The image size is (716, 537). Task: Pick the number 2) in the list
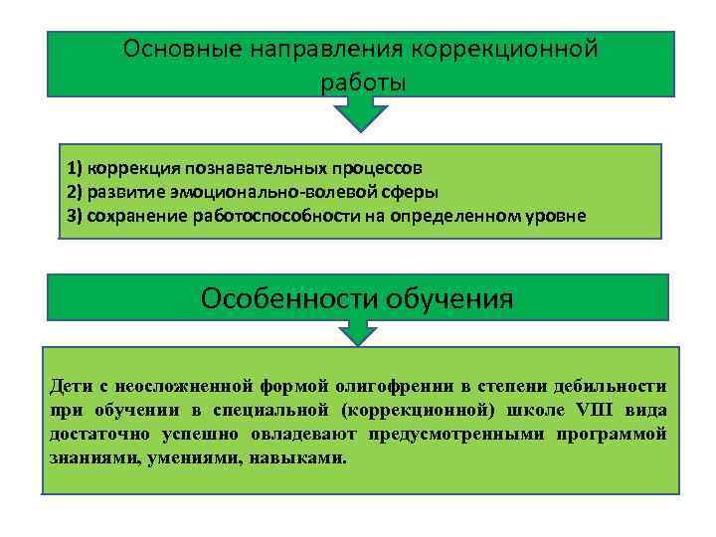point(75,191)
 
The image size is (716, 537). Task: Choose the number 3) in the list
point(75,215)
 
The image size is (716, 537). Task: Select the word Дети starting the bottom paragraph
point(69,385)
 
